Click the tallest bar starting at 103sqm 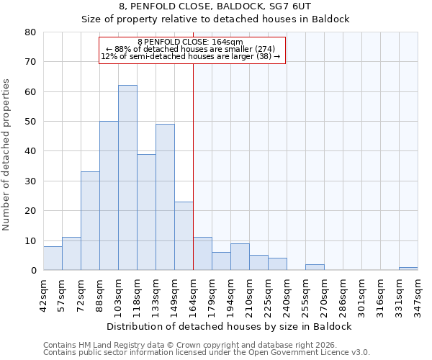point(127,178)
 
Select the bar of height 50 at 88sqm point(109,196)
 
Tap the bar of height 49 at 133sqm point(165,197)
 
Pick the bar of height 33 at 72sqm point(90,221)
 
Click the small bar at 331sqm point(408,269)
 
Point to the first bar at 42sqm point(53,258)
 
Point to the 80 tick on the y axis point(30,32)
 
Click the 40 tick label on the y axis point(30,151)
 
